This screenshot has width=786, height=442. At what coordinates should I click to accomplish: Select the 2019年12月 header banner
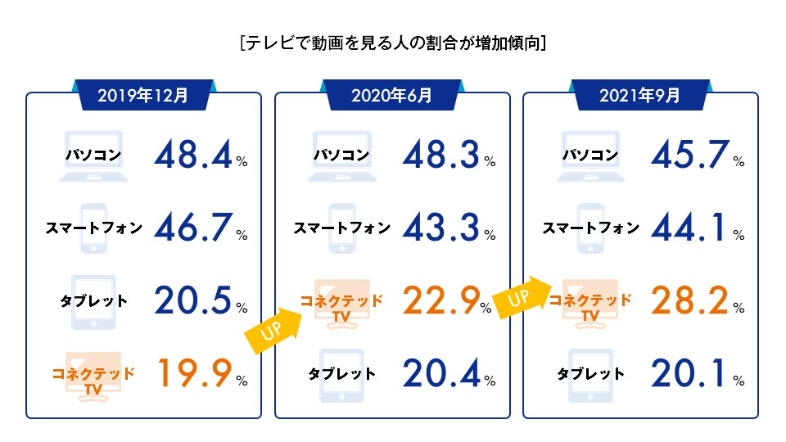[143, 95]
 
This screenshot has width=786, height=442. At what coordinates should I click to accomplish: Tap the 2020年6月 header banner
[392, 95]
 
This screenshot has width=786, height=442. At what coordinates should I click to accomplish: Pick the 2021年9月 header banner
[640, 95]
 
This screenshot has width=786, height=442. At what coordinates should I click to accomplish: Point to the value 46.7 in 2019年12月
[193, 227]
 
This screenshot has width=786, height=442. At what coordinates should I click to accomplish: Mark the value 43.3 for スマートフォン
[441, 227]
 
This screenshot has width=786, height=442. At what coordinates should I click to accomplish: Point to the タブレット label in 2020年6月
[342, 374]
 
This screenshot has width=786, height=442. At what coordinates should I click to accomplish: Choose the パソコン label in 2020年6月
[342, 155]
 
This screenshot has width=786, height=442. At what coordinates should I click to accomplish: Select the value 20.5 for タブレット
[193, 300]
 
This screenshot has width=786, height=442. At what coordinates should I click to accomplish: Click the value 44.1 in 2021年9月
[689, 227]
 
